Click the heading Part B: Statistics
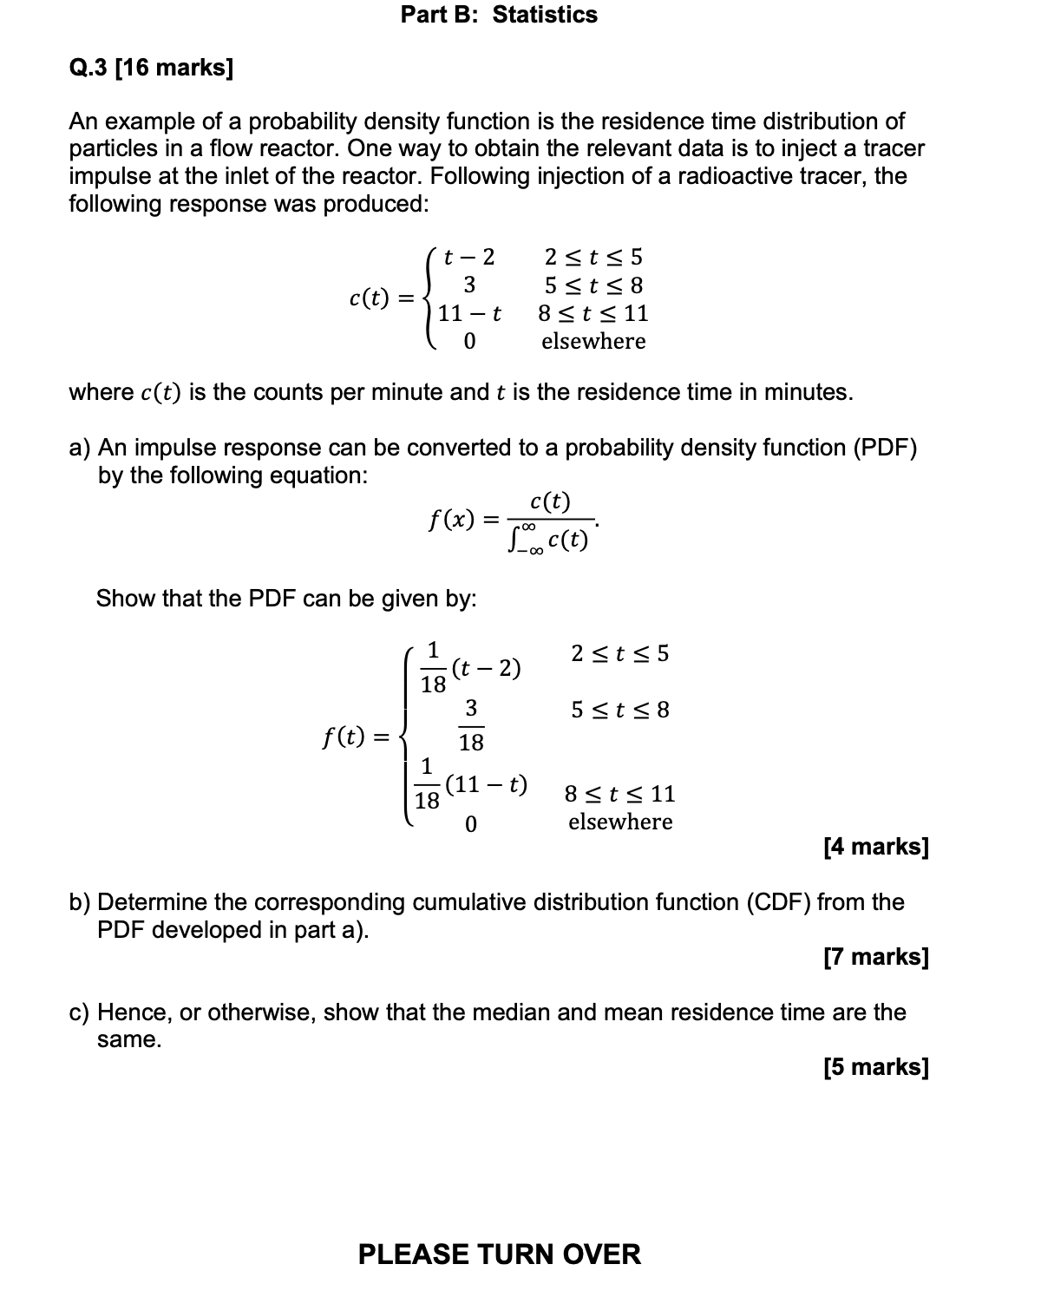(x=499, y=15)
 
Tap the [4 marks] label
(x=875, y=846)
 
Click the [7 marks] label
(x=875, y=957)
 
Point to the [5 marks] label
(x=875, y=1067)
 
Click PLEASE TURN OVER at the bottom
(x=500, y=1254)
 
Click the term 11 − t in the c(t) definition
(x=469, y=313)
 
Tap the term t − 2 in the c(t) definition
(x=468, y=257)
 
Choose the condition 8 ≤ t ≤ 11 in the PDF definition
(x=619, y=794)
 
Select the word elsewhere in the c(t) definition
(x=593, y=341)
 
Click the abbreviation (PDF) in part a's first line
(x=885, y=448)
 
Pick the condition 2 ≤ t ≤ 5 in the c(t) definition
(x=593, y=257)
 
